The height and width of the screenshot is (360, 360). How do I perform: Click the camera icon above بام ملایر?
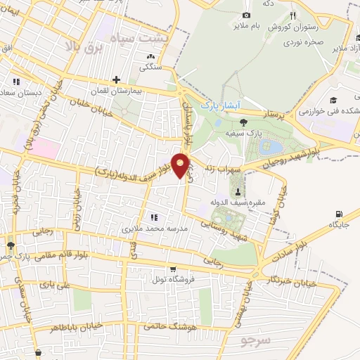[245, 15]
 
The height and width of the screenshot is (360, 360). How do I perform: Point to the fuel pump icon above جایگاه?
[340, 214]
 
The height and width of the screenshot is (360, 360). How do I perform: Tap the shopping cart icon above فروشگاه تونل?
[173, 268]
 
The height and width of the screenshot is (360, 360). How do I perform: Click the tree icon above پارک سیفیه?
[243, 122]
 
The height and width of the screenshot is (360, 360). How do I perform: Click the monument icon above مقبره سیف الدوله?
[238, 192]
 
